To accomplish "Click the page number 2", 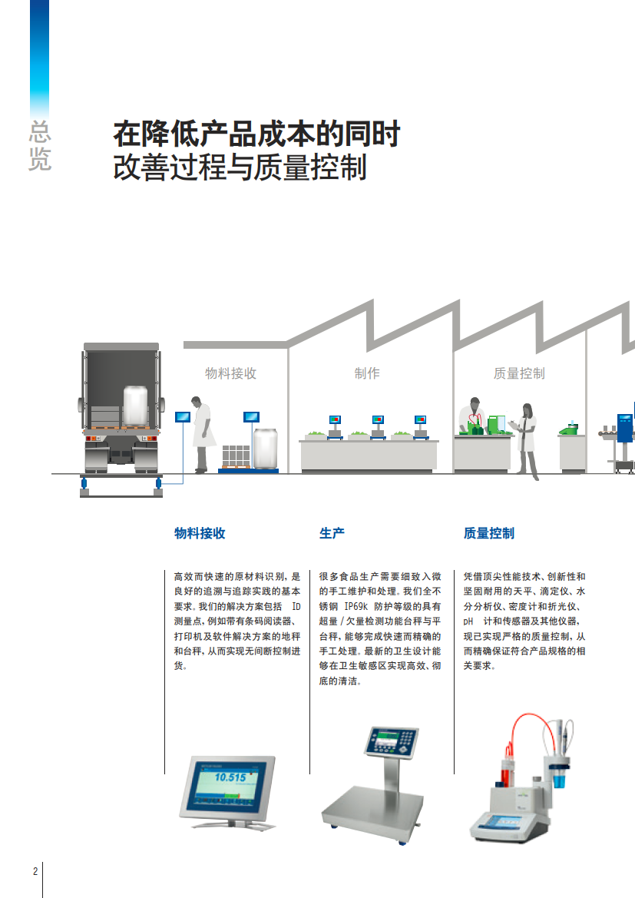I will pos(35,871).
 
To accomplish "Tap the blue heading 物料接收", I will pos(200,533).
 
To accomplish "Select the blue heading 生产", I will pos(332,533).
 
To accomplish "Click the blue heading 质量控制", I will pos(489,533).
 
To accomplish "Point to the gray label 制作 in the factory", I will pos(367,373).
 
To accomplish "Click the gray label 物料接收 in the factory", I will pos(230,373).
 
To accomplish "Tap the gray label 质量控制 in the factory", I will pos(519,373).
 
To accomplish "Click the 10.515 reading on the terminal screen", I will pos(230,777).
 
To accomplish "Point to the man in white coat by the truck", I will pos(203,434).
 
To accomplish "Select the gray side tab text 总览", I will pos(39,146).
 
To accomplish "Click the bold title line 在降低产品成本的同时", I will pos(256,134).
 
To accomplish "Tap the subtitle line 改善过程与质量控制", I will pos(240,167).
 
